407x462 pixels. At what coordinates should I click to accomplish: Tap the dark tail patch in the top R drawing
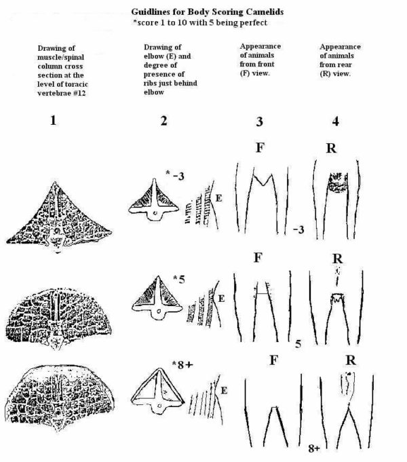(338, 182)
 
